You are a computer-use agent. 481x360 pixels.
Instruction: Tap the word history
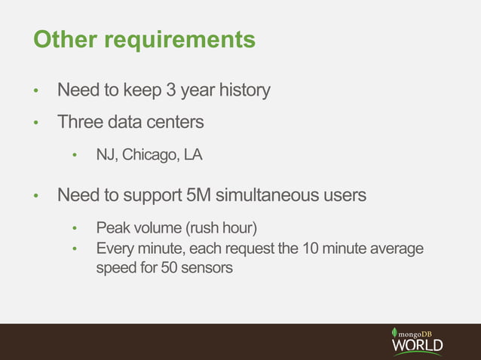coord(244,91)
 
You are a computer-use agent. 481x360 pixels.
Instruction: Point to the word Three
coord(80,121)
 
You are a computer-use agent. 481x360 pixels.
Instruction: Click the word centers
coord(175,121)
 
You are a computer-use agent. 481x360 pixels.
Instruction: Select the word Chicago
coord(149,156)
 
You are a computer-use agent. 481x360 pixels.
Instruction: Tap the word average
coord(396,249)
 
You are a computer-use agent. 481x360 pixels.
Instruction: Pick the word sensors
coord(207,267)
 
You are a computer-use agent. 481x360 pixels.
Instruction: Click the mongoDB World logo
coord(417,341)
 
